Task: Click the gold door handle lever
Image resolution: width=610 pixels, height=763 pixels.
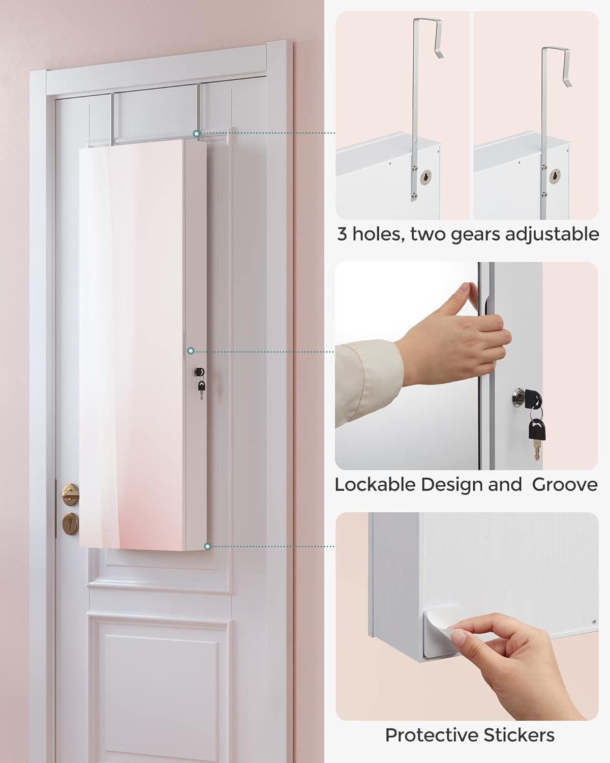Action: coord(70,493)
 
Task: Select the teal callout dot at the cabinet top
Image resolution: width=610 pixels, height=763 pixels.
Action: coord(197,133)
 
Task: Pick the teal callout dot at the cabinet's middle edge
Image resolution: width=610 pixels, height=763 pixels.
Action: coord(191,351)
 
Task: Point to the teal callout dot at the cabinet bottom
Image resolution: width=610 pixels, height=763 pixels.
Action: coord(207,546)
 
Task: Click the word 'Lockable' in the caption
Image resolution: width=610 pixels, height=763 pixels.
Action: coord(376,485)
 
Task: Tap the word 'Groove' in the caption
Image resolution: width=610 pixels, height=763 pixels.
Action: coord(565,485)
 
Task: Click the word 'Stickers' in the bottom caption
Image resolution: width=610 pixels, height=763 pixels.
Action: coord(519,735)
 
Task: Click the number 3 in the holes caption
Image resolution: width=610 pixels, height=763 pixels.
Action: coord(343,234)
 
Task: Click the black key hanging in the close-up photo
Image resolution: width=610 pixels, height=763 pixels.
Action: coord(537,430)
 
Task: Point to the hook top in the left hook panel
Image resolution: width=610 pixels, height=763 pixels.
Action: coord(428,21)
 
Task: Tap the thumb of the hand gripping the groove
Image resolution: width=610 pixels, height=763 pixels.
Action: coord(464,296)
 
